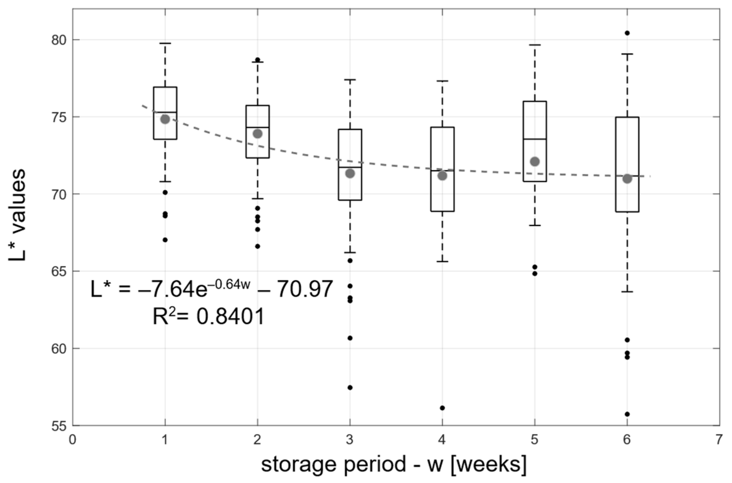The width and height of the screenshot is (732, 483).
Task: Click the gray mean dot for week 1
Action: pos(165,119)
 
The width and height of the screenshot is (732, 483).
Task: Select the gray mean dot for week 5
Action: pos(535,162)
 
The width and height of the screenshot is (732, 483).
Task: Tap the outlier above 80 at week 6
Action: pos(627,33)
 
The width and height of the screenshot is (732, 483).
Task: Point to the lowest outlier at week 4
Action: pos(442,408)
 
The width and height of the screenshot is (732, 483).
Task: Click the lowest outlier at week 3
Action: pos(350,387)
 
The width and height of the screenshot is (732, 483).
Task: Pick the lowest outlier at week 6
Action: pos(627,414)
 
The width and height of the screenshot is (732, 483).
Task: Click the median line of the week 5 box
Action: pos(535,139)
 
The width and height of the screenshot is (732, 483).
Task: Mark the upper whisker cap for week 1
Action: pos(165,43)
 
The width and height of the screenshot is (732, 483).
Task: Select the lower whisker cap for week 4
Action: pos(442,261)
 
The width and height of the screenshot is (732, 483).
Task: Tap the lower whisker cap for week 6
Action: pos(627,292)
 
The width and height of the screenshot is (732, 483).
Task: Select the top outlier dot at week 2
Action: pos(257,60)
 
